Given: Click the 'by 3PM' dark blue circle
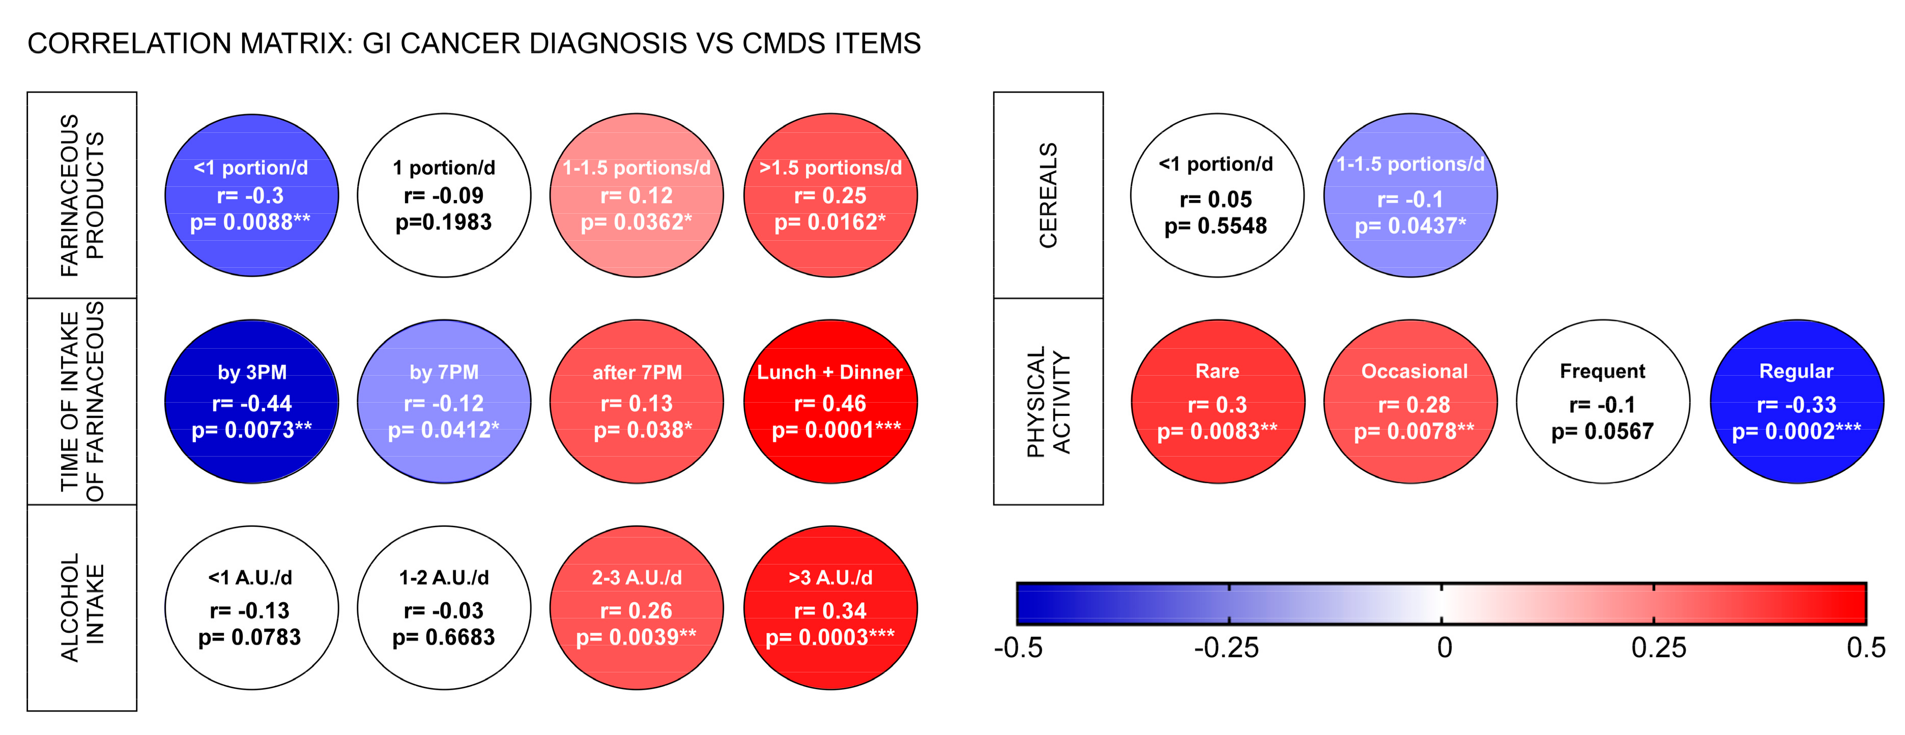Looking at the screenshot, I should pyautogui.click(x=251, y=402).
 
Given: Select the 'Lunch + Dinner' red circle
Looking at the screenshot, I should pyautogui.click(x=830, y=402).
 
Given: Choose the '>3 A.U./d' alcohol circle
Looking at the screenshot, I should pyautogui.click(x=830, y=608).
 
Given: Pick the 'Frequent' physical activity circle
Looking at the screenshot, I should pyautogui.click(x=1603, y=402).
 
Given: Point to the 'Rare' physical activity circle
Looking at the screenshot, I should pyautogui.click(x=1217, y=402).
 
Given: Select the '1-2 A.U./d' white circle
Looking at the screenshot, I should pyautogui.click(x=444, y=608).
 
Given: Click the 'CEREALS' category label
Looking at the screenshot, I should pyautogui.click(x=1048, y=195).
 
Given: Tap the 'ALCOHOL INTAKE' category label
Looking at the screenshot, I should pyautogui.click(x=82, y=608).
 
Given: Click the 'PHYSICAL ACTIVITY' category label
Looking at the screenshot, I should pyautogui.click(x=1048, y=402).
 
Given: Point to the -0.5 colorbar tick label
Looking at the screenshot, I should pyautogui.click(x=1018, y=648).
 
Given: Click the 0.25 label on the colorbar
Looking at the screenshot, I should pyautogui.click(x=1658, y=648).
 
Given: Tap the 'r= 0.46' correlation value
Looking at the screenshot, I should pyautogui.click(x=830, y=404).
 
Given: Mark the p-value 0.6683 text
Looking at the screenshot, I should pyautogui.click(x=443, y=637).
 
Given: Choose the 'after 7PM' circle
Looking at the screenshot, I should pyautogui.click(x=637, y=402).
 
